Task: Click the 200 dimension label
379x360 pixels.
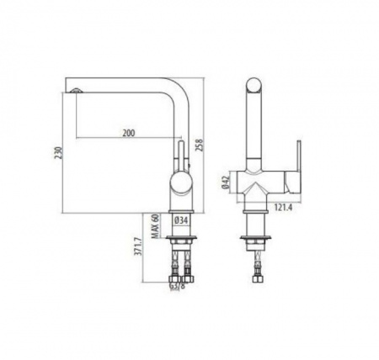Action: click(x=129, y=133)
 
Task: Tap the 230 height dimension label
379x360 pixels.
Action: click(x=58, y=153)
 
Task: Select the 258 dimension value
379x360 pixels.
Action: click(x=199, y=145)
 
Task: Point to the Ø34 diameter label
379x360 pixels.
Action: click(x=181, y=220)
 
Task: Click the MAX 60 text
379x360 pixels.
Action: click(x=155, y=225)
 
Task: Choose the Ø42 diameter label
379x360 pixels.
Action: click(x=225, y=183)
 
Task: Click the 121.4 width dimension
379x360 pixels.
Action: click(x=283, y=208)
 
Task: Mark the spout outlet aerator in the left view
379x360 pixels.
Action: click(x=76, y=90)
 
